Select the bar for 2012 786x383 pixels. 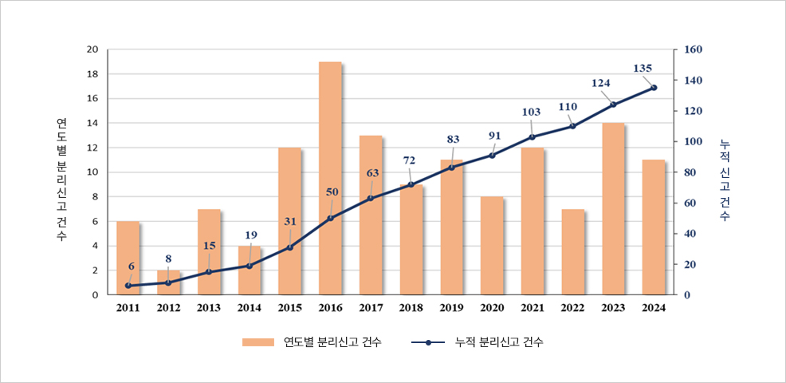coord(168,282)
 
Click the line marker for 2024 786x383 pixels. coord(654,88)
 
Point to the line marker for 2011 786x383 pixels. coord(128,286)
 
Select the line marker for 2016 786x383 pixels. coord(330,218)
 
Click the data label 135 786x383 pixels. coord(643,69)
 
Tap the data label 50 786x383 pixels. coord(332,192)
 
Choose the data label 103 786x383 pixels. coord(530,113)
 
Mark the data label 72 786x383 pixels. coord(409,160)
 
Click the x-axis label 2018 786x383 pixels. coord(411,308)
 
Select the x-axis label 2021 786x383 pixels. coord(533,308)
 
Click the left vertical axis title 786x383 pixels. coord(61,180)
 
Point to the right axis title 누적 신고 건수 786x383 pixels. coord(724,180)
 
